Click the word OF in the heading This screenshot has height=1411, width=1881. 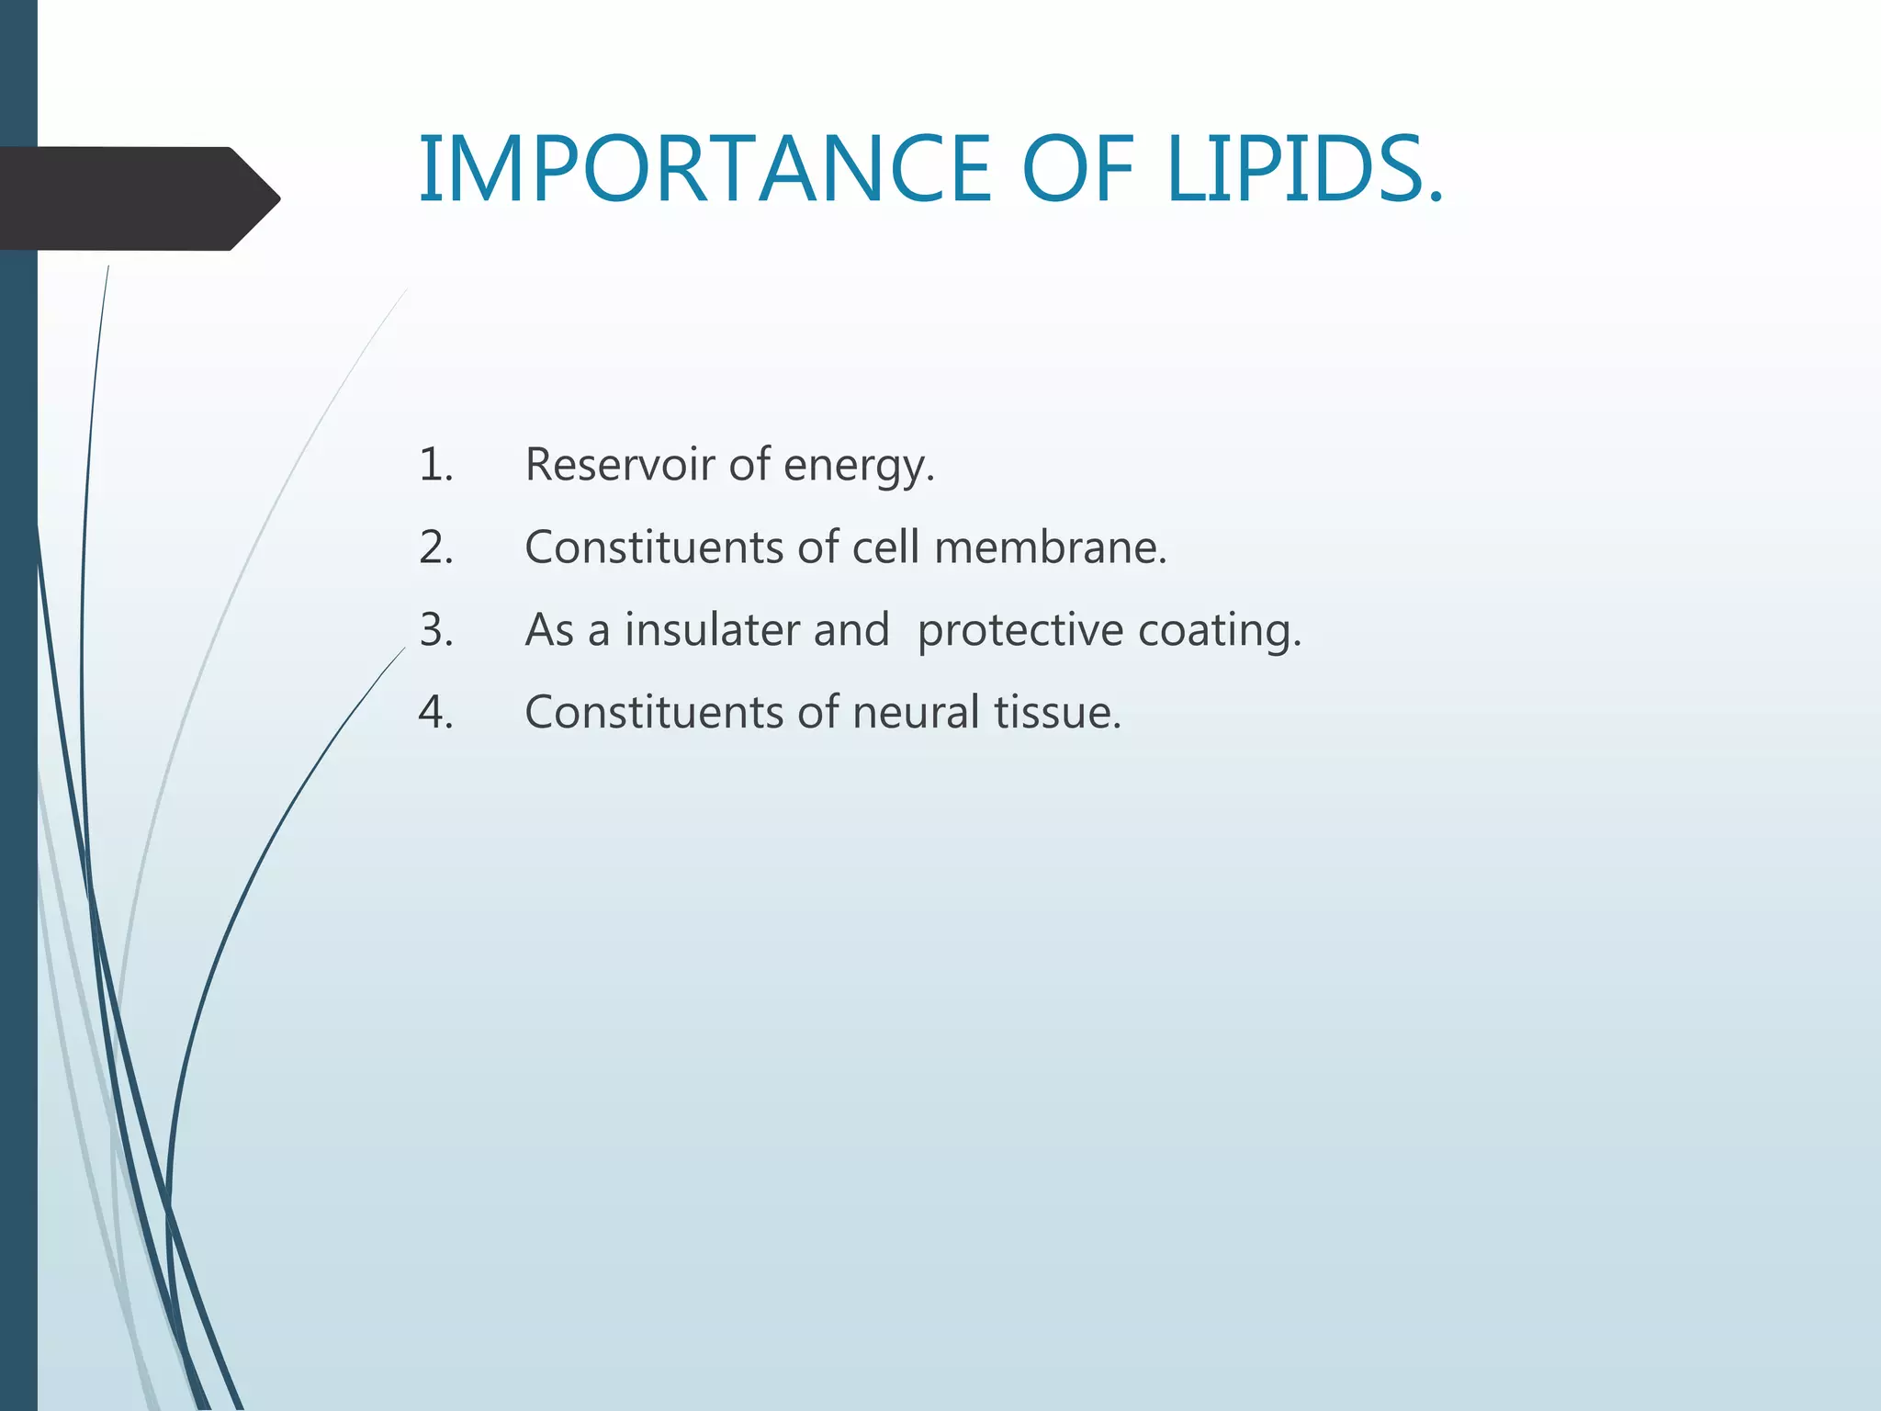[1078, 169]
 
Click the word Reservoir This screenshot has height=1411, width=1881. [619, 464]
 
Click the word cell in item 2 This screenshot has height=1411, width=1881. [885, 547]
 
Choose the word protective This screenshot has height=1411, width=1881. [1019, 632]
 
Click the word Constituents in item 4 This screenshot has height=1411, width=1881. [653, 713]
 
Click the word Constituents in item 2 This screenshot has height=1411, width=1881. [653, 547]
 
